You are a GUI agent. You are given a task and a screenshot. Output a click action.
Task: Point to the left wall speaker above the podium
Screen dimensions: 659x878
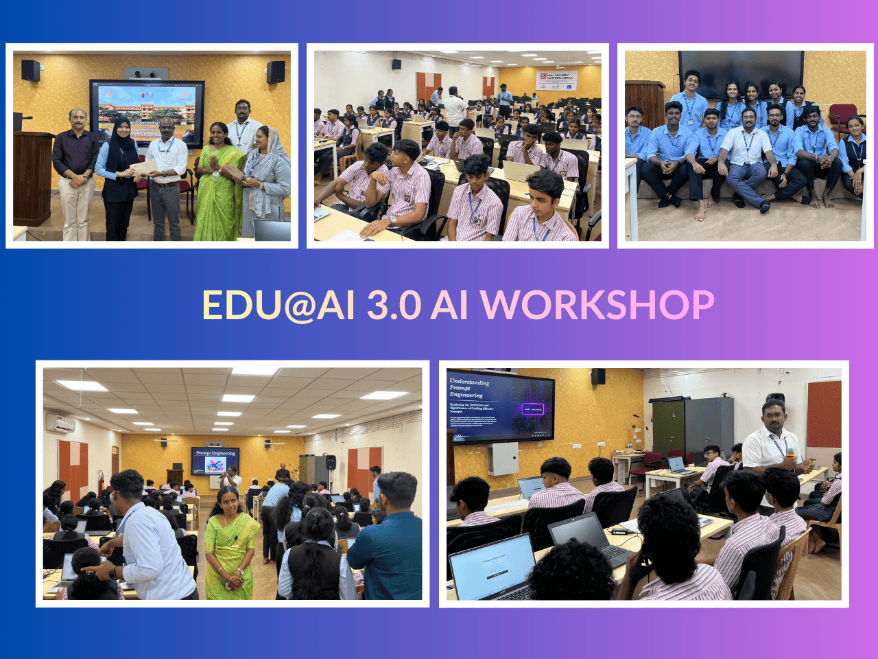pos(30,70)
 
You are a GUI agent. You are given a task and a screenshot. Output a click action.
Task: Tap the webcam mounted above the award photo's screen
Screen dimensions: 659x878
pos(146,73)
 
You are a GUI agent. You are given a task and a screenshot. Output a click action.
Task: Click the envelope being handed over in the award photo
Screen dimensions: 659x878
pos(143,167)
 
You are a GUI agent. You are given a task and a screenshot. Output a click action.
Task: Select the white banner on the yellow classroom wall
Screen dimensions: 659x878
pos(557,80)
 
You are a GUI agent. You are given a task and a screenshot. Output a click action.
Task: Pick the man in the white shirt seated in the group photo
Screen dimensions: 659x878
pos(747,154)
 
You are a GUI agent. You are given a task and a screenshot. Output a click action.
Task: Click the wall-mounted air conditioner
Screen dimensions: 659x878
pos(60,423)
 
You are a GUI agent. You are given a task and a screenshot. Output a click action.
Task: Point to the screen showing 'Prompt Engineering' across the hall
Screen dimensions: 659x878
pos(215,461)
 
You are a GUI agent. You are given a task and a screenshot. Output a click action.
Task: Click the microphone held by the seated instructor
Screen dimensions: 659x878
pos(790,454)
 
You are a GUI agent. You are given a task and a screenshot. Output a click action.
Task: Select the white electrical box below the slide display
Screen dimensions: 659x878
pos(503,459)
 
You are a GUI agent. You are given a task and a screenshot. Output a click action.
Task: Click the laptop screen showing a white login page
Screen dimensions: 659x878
pos(492,567)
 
